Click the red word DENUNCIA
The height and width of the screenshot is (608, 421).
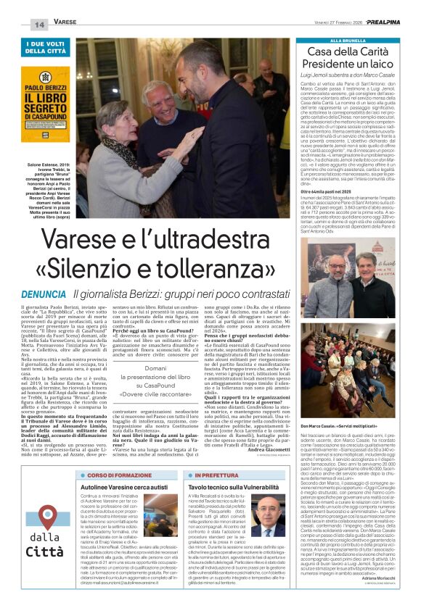click(x=46, y=295)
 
